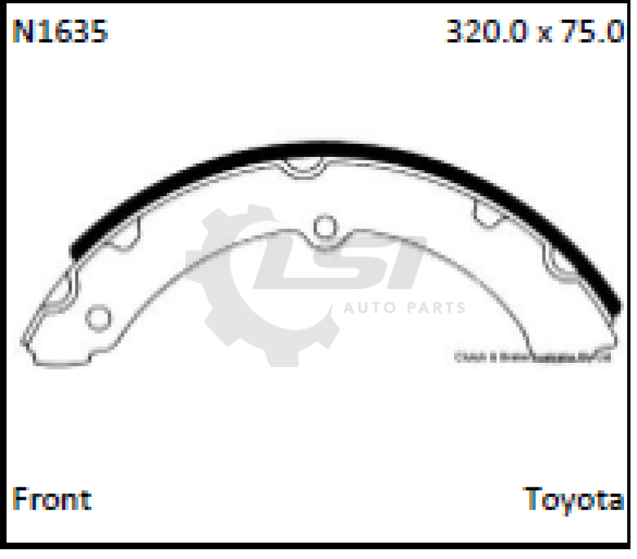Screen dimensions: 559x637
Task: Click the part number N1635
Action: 60,31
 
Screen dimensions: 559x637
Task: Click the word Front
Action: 52,499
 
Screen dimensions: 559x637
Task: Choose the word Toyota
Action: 574,500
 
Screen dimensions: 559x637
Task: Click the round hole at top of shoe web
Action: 323,227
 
